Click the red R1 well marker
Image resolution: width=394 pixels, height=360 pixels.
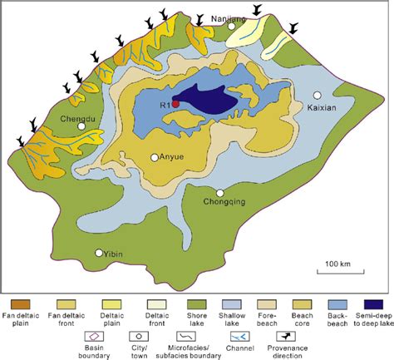click(x=176, y=104)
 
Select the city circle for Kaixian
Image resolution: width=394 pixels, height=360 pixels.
click(x=317, y=95)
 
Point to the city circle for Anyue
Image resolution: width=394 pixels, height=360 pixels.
click(x=154, y=157)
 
